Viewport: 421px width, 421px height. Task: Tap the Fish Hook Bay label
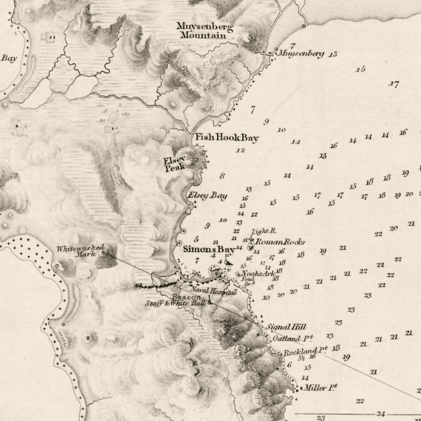point(227,137)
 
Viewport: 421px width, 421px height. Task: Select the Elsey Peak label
point(174,164)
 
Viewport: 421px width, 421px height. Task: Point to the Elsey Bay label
point(208,196)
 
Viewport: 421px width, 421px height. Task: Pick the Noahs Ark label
point(259,274)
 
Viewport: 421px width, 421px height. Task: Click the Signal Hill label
point(286,327)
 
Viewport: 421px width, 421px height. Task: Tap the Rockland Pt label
point(305,351)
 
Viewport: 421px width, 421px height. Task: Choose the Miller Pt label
point(320,388)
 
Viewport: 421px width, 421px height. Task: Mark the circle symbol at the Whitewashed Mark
point(103,252)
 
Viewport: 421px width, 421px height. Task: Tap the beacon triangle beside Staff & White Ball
point(210,301)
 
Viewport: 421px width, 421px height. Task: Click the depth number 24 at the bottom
point(380,414)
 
